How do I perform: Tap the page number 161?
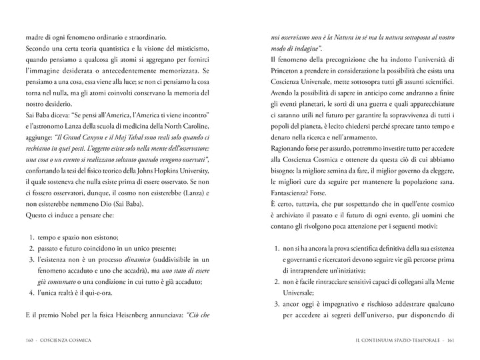450,341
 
